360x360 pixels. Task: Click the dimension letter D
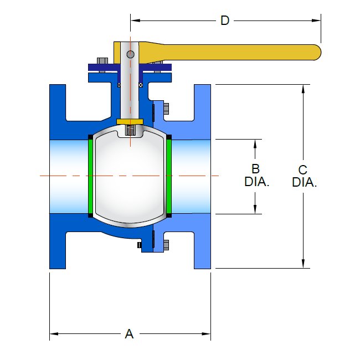point(224,20)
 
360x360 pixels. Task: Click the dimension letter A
point(129,334)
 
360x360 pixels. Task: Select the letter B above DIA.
point(255,168)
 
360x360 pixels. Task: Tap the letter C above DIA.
point(303,169)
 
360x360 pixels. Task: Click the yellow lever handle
point(233,52)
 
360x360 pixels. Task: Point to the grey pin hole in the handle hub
point(130,54)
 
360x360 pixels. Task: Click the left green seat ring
point(90,176)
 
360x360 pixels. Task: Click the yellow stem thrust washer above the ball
point(130,121)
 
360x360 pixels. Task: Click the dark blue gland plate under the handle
point(130,68)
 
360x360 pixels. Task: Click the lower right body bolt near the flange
point(166,245)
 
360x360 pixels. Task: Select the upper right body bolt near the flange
point(165,108)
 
